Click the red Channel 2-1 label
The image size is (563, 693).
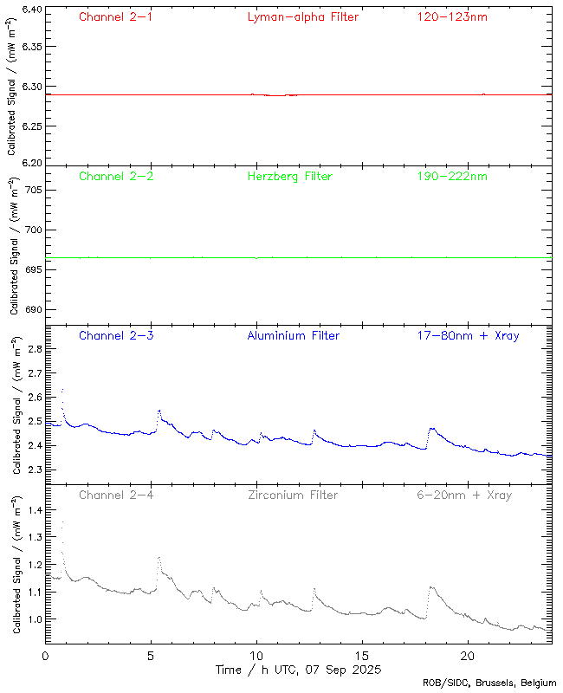point(116,16)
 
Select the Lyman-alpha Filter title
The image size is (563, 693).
point(302,16)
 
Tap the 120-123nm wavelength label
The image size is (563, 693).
point(451,16)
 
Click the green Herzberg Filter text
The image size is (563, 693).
point(289,177)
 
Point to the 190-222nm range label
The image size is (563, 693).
point(451,177)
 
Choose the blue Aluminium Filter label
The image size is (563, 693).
point(293,336)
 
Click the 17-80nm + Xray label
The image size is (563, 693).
point(468,336)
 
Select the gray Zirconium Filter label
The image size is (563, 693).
point(293,495)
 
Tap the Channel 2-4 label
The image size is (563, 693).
point(116,495)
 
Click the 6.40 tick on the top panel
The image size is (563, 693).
point(32,10)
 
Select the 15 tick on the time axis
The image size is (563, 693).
point(361,657)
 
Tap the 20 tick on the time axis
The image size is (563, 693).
point(467,657)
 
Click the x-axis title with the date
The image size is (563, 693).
point(298,670)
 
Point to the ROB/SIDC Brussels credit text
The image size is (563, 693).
point(489,683)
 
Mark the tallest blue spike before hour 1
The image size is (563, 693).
point(62,391)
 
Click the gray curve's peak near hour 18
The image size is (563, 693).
point(431,587)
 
